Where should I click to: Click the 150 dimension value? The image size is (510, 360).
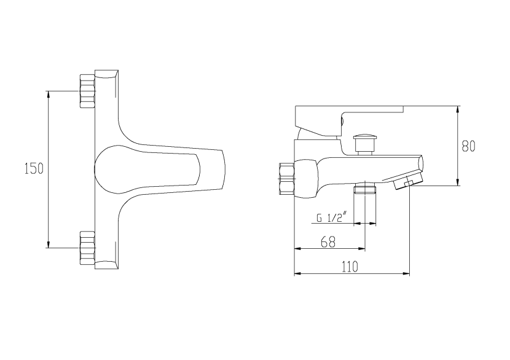pyautogui.click(x=34, y=169)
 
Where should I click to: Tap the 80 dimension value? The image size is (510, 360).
pyautogui.click(x=468, y=146)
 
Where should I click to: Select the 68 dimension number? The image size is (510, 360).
pyautogui.click(x=328, y=241)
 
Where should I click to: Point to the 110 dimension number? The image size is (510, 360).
pyautogui.click(x=350, y=267)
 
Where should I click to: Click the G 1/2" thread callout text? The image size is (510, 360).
pyautogui.click(x=332, y=217)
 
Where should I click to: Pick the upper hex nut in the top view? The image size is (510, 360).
pyautogui.click(x=87, y=91)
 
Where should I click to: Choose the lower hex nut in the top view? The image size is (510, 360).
pyautogui.click(x=87, y=248)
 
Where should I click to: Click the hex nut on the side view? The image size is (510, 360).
pyautogui.click(x=286, y=178)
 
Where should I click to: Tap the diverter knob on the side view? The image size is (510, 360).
pyautogui.click(x=363, y=143)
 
